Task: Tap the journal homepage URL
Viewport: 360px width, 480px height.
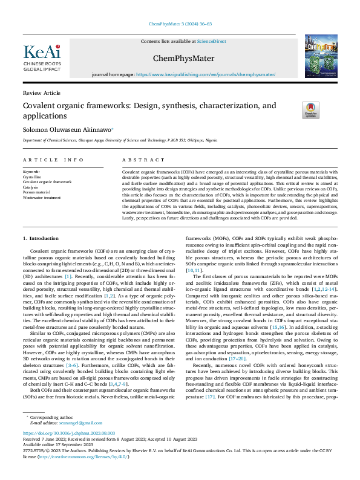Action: tap(206, 74)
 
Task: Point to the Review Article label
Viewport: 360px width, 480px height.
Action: tap(42, 92)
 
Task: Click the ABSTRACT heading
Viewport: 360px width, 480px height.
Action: tap(136, 160)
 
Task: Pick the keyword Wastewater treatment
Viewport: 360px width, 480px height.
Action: tap(42, 198)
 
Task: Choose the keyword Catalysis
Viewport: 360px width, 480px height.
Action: tap(30, 187)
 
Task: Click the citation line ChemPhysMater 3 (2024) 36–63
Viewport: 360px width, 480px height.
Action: tap(180, 25)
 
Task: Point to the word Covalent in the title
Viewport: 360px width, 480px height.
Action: tap(40, 106)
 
